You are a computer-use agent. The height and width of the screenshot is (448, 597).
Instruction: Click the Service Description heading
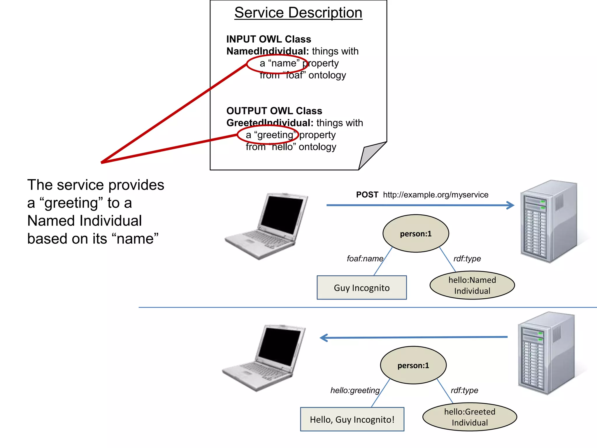point(298,13)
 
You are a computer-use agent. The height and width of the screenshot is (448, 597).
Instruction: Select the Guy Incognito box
point(361,288)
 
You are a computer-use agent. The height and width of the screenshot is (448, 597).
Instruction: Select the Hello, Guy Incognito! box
point(352,419)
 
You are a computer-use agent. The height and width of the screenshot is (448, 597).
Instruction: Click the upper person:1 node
point(415,234)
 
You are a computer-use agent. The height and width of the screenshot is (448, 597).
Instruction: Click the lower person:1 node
point(413,365)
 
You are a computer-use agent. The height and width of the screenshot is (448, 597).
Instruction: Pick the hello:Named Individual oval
point(472,285)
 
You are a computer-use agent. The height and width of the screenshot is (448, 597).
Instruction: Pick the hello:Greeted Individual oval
point(469,417)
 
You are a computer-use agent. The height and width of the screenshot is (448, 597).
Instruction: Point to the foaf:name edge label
point(365,259)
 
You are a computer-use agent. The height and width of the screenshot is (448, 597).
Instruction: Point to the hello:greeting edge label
point(355,390)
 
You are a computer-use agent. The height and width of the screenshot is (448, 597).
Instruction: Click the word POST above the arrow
point(367,195)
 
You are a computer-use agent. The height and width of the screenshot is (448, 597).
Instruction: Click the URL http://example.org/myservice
point(436,195)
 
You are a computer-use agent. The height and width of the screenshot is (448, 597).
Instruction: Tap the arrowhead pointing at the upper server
point(510,205)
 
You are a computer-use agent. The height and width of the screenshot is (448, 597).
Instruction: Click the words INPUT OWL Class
point(268,39)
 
